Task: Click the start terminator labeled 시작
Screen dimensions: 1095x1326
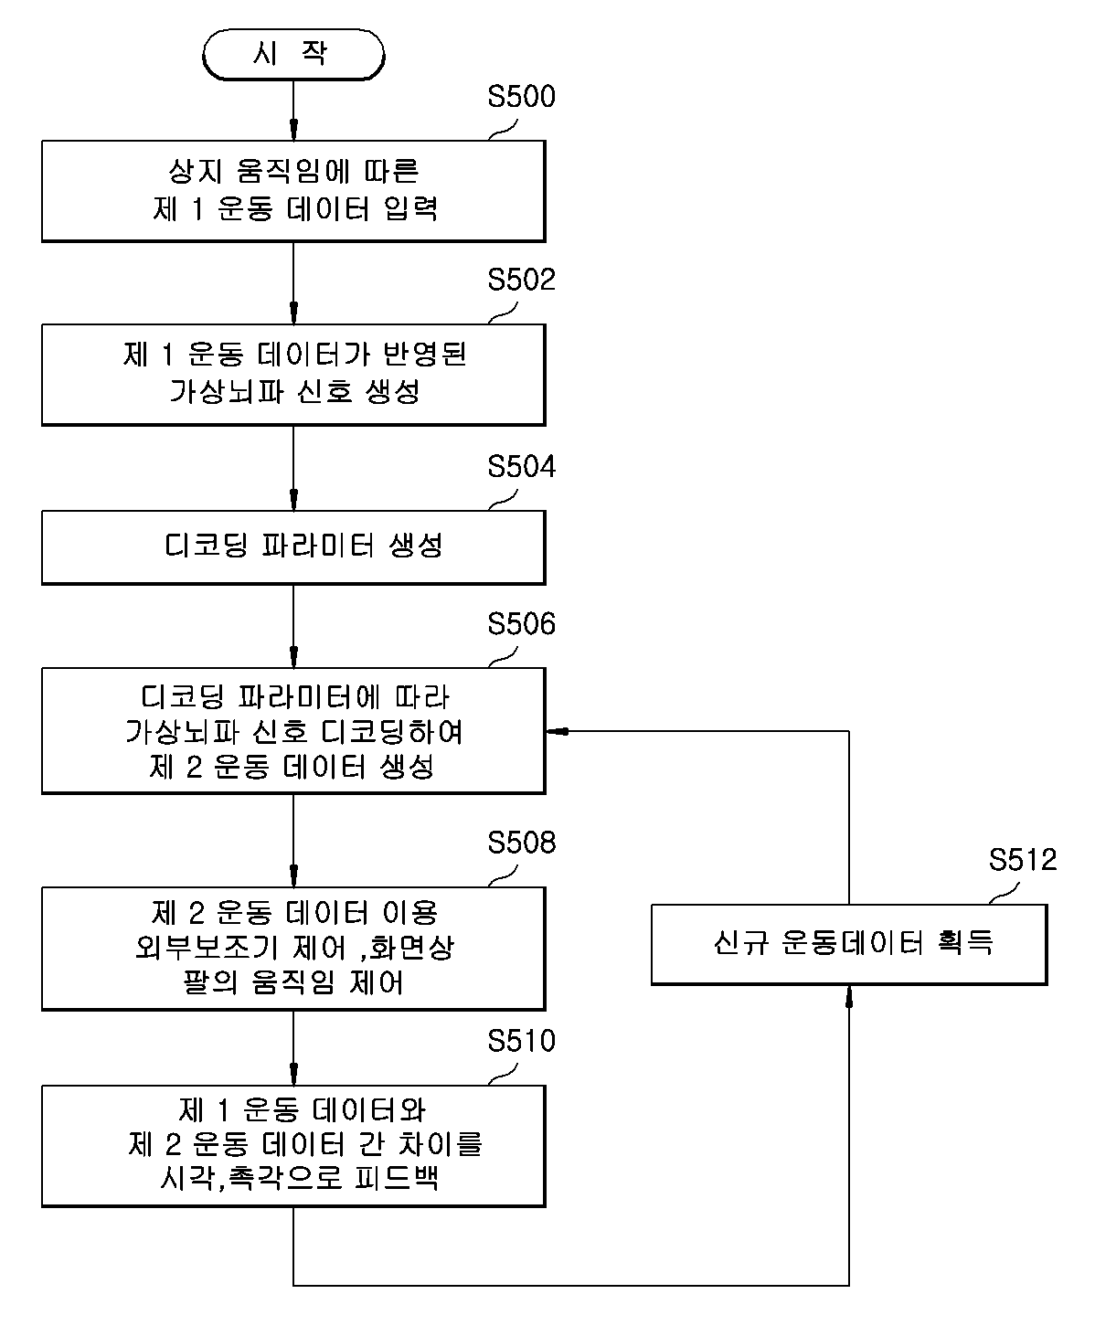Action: pos(293,54)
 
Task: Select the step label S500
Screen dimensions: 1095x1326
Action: pos(522,97)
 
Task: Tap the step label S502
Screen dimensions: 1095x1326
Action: pos(522,280)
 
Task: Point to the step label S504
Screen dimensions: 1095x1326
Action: pos(522,466)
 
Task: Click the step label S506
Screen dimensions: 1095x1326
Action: pos(522,623)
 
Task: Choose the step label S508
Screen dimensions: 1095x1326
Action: pos(522,843)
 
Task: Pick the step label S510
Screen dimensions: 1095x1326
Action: pos(522,1041)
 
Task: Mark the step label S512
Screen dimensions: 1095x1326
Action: pos(1023,860)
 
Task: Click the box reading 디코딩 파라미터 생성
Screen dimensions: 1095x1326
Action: pos(293,547)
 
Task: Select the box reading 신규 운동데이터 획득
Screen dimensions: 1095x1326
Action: pos(849,945)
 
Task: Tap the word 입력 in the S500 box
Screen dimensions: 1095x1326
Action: pos(411,208)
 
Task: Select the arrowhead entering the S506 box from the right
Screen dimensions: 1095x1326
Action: pos(557,732)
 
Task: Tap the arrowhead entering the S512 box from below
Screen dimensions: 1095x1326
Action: pos(849,997)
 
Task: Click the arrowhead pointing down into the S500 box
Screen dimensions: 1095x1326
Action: pos(293,130)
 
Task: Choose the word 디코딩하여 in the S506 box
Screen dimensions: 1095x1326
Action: pos(392,732)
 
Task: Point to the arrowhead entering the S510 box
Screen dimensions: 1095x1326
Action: pos(293,1075)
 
